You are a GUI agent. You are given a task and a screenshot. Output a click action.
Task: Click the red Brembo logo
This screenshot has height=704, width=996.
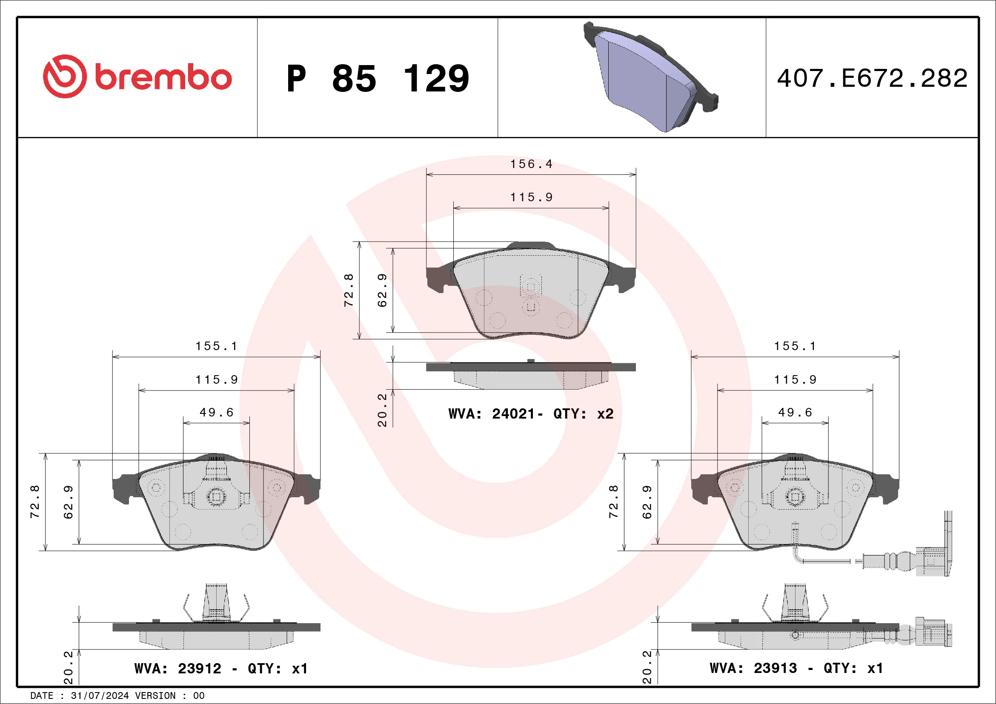[x=137, y=76]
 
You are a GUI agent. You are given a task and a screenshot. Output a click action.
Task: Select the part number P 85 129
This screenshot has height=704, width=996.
[x=378, y=78]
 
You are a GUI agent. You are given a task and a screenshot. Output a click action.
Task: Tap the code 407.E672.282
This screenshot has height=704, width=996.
[x=872, y=78]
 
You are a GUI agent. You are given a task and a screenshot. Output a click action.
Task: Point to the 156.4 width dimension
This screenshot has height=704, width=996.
[x=531, y=164]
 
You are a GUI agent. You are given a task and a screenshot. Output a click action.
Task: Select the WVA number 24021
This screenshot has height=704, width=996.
[x=513, y=414]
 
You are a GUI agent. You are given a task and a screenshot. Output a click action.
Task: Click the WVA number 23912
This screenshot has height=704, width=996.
[x=200, y=668]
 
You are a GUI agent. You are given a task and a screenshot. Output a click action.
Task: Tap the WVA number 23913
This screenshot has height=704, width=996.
[x=775, y=668]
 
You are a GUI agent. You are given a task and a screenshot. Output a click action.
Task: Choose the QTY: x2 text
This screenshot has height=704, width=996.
[x=584, y=414]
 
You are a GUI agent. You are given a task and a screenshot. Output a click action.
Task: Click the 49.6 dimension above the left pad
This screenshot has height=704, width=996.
[x=217, y=412]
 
